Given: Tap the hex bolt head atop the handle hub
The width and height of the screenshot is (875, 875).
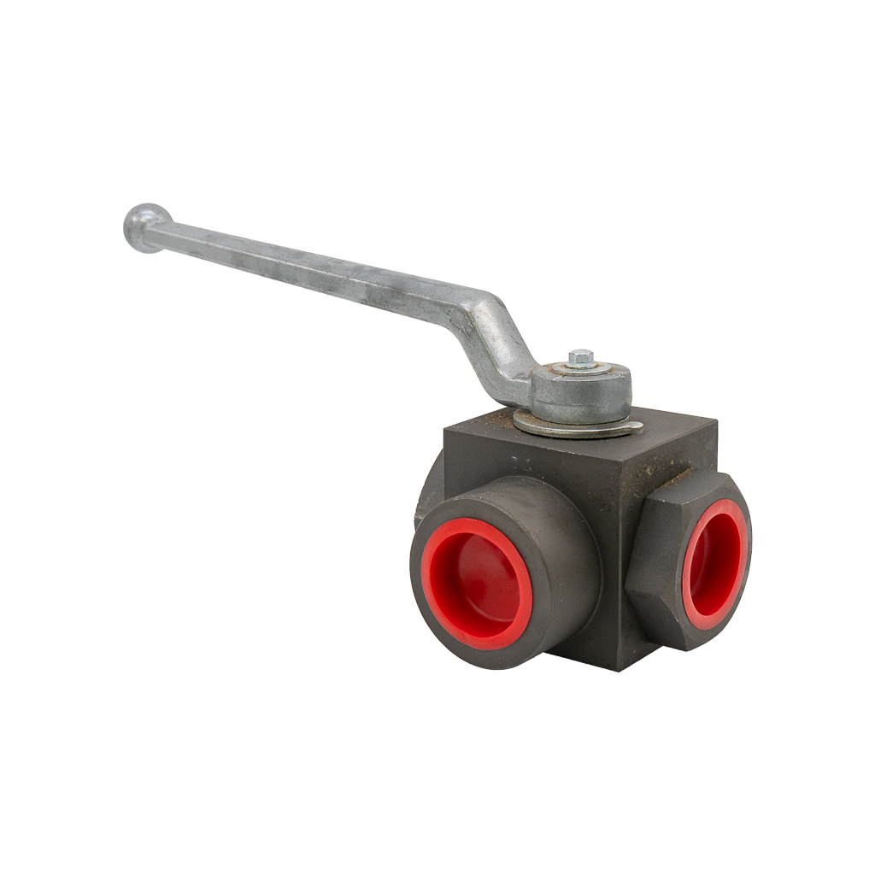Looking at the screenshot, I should click(x=581, y=356).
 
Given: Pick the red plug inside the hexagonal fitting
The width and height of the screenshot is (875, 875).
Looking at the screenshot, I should click(x=716, y=566).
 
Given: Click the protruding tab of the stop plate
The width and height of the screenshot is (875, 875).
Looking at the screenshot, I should click(x=634, y=426).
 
